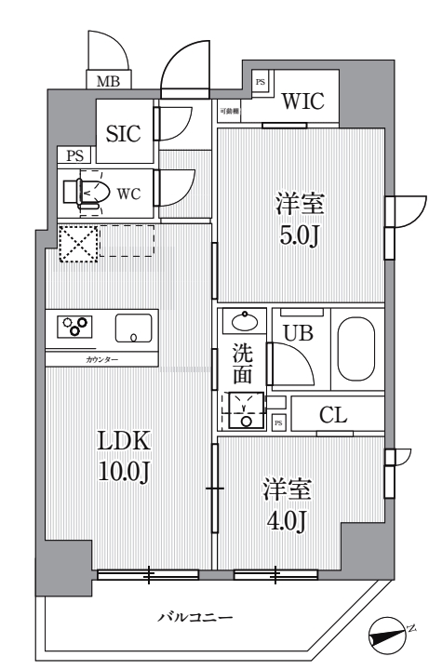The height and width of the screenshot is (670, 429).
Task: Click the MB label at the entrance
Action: (x=108, y=82)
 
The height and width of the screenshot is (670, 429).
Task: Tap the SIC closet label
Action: (x=123, y=133)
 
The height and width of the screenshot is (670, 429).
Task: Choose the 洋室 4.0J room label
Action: (x=286, y=505)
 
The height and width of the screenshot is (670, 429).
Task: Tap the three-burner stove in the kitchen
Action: (x=75, y=327)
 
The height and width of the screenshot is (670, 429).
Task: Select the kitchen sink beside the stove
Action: (x=134, y=328)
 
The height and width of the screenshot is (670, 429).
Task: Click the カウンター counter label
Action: (x=101, y=359)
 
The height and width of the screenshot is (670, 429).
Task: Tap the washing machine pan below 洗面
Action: (x=246, y=409)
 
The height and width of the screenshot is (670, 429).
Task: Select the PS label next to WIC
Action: (x=261, y=83)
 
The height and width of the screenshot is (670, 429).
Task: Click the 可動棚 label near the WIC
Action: (x=229, y=112)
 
